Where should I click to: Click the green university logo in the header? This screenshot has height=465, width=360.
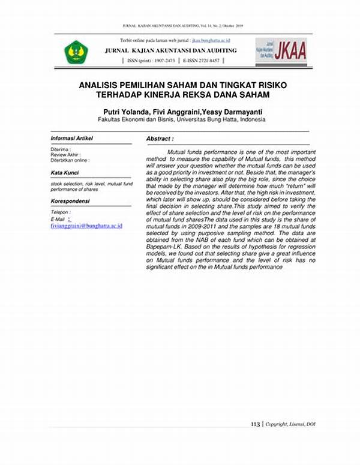(76, 52)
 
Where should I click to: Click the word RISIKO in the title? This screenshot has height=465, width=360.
(272, 86)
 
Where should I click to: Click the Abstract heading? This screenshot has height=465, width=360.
(160, 139)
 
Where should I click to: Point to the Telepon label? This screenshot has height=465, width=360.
(60, 212)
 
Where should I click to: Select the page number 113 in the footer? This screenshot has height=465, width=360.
(255, 424)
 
